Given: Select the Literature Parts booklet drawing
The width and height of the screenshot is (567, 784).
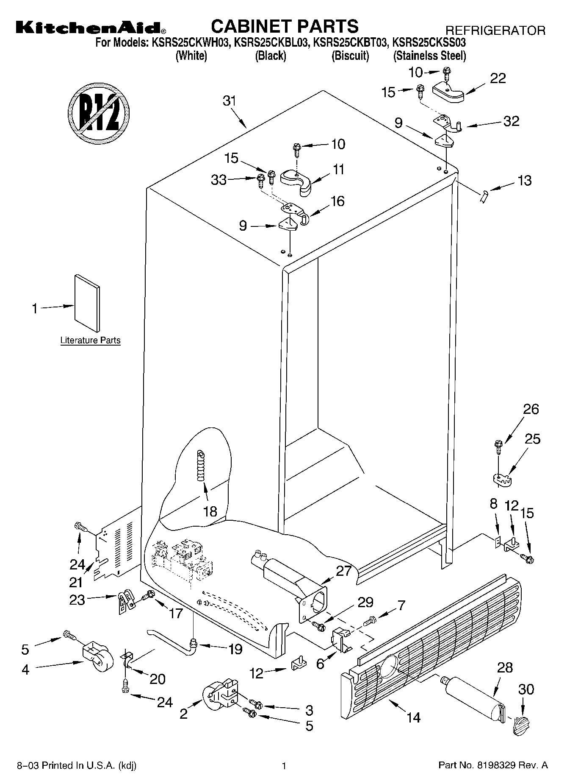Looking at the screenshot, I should click(x=88, y=303).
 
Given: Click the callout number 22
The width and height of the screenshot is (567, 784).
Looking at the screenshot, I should click(x=498, y=78).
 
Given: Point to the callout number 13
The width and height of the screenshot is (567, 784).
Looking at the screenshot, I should click(x=524, y=181).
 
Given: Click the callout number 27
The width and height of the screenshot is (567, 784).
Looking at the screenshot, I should click(x=343, y=571).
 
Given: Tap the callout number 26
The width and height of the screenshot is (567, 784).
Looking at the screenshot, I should click(x=531, y=409).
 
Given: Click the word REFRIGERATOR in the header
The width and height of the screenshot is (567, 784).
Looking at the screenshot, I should click(x=495, y=31).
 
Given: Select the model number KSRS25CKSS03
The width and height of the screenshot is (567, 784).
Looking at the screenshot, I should click(x=429, y=42).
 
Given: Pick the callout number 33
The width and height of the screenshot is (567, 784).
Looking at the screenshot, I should click(x=219, y=180).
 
